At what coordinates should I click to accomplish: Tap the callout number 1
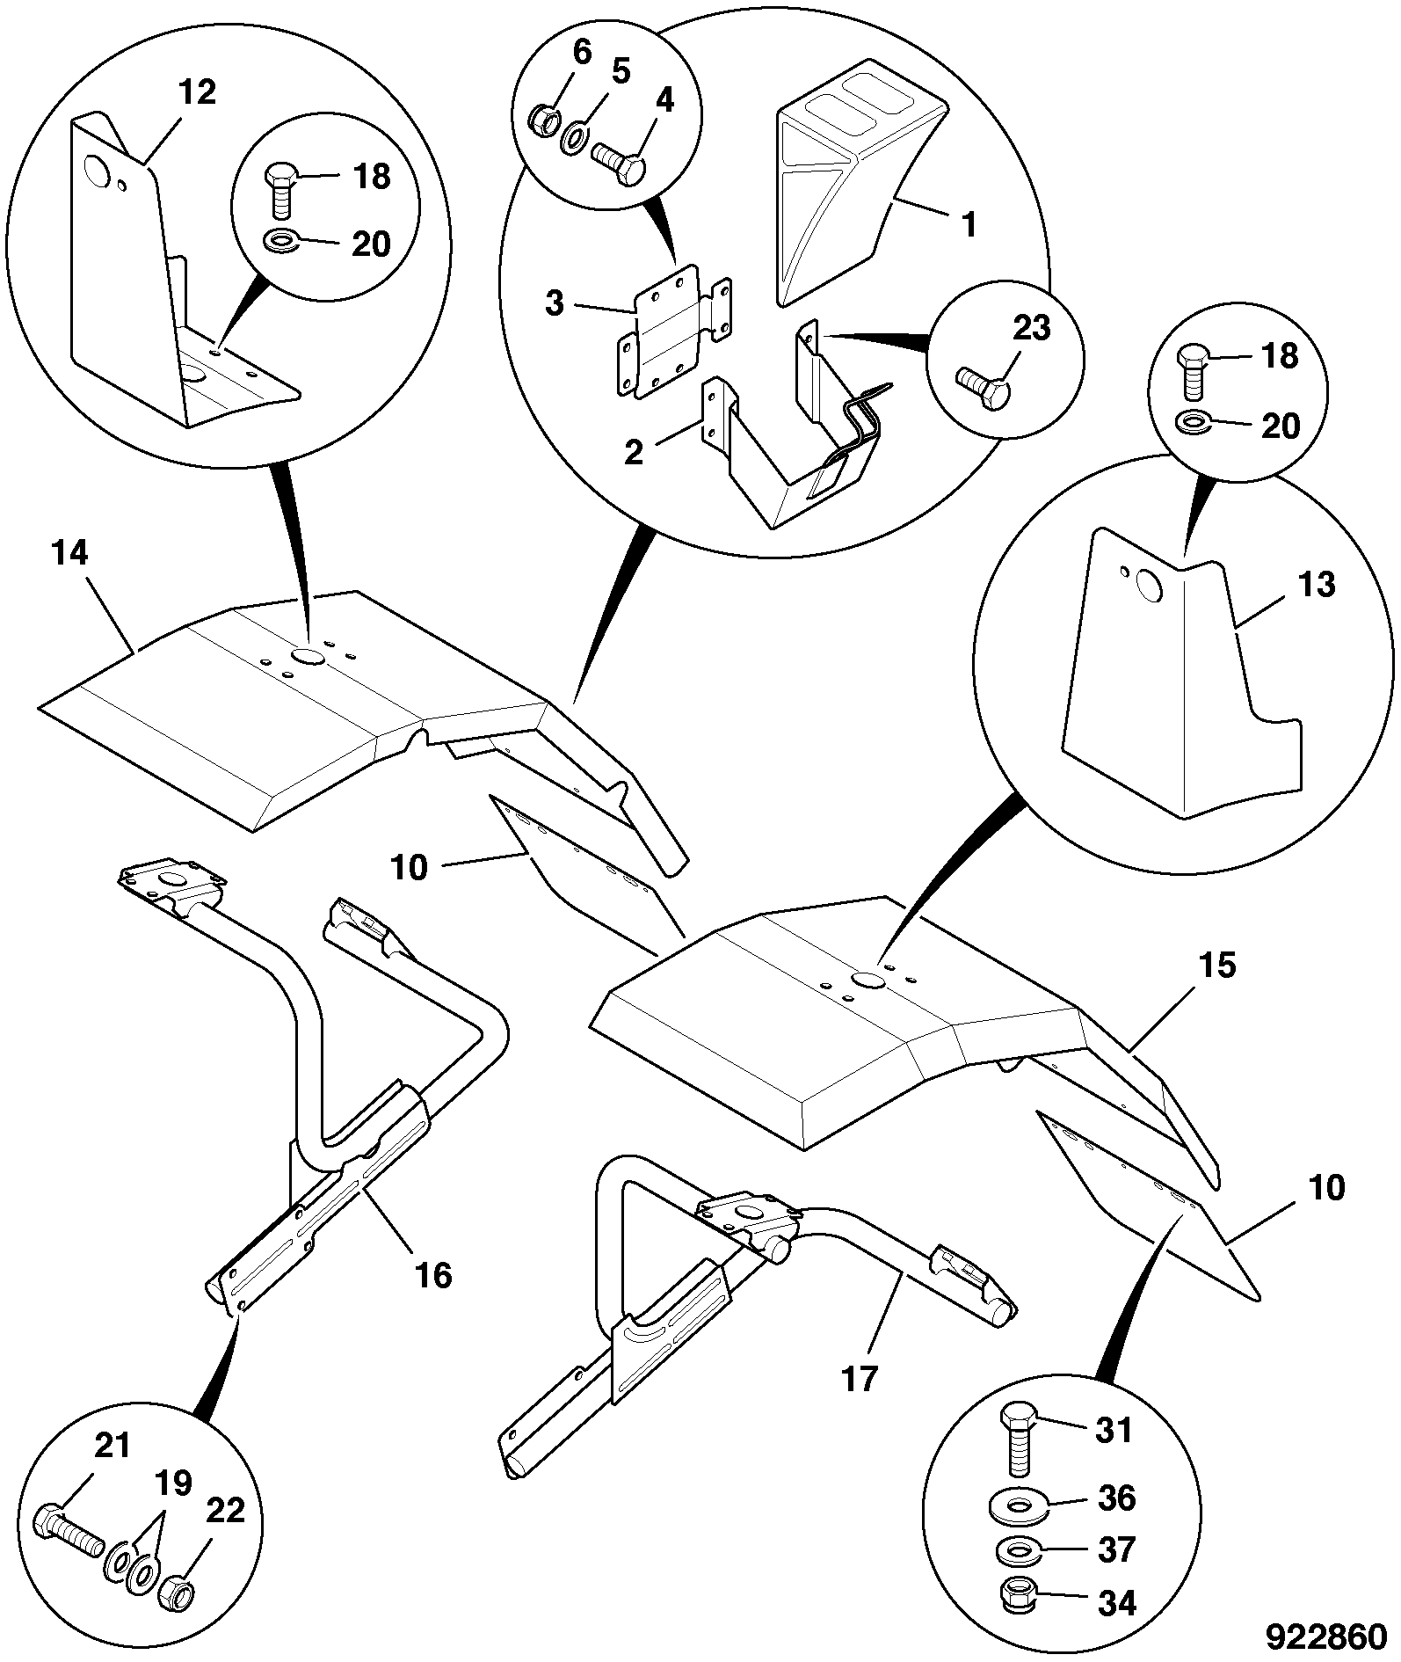(x=969, y=226)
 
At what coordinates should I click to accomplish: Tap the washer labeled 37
(x=1019, y=1549)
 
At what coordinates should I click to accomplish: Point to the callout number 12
(x=196, y=92)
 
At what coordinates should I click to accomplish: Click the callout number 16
(x=433, y=1275)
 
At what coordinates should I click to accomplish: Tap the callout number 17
(x=860, y=1403)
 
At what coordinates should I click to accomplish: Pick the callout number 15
(x=1217, y=966)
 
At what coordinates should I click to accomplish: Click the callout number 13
(x=1316, y=584)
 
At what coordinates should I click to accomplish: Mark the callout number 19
(x=173, y=1484)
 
